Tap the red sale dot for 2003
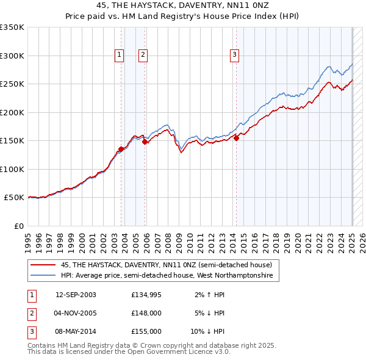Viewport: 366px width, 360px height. [121, 149]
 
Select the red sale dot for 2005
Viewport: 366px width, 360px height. [145, 142]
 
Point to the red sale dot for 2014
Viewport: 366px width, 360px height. [237, 138]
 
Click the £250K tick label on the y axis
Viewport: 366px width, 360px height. [12, 84]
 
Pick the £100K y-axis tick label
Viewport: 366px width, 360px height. [12, 169]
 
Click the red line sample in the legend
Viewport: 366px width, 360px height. [43, 265]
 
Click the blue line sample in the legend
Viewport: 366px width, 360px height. [43, 276]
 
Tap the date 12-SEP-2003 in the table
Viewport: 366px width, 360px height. [76, 295]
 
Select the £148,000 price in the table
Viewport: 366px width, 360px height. [146, 313]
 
